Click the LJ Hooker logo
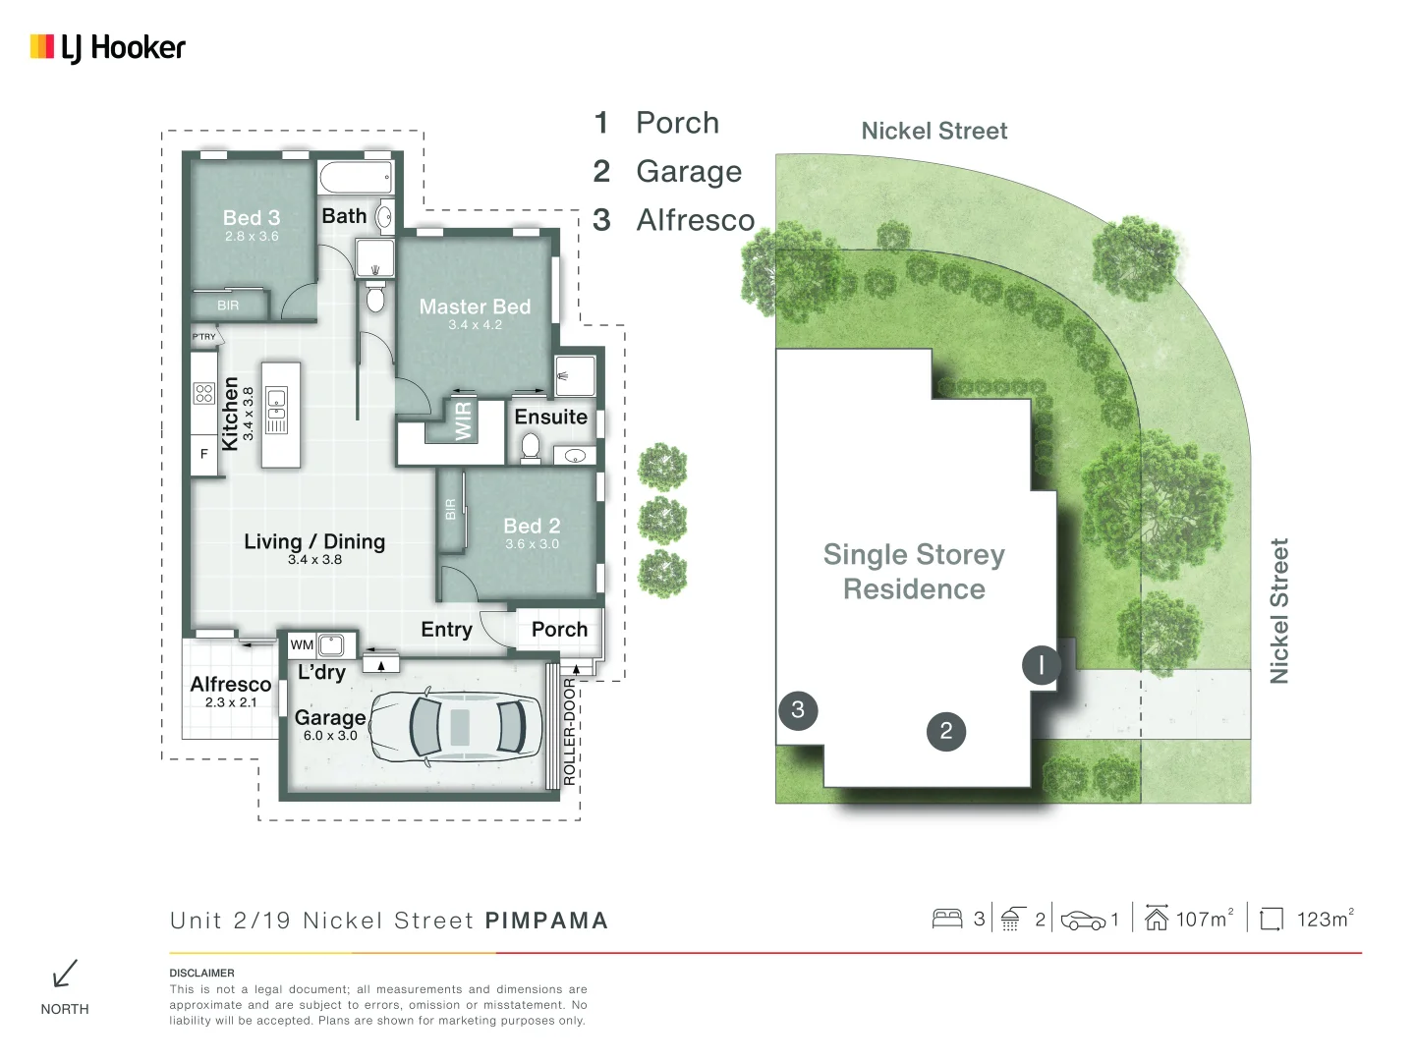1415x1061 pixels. [108, 47]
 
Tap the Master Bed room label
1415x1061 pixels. [475, 307]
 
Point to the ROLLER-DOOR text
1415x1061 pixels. [569, 731]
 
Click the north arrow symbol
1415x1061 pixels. [65, 974]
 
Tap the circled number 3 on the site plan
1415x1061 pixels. [798, 709]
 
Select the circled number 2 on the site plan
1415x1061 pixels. [945, 731]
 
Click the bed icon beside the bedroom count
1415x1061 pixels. [947, 919]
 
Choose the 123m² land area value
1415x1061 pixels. [1324, 919]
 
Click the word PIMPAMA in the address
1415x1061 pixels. [546, 921]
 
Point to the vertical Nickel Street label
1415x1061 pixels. [1278, 610]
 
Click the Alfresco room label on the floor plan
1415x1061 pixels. [231, 684]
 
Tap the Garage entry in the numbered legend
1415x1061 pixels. [688, 172]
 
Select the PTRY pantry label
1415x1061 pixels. [204, 337]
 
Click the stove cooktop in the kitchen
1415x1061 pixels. [204, 393]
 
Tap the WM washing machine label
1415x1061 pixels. [302, 645]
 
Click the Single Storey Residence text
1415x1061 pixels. [914, 572]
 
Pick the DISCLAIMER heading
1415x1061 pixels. [201, 973]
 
